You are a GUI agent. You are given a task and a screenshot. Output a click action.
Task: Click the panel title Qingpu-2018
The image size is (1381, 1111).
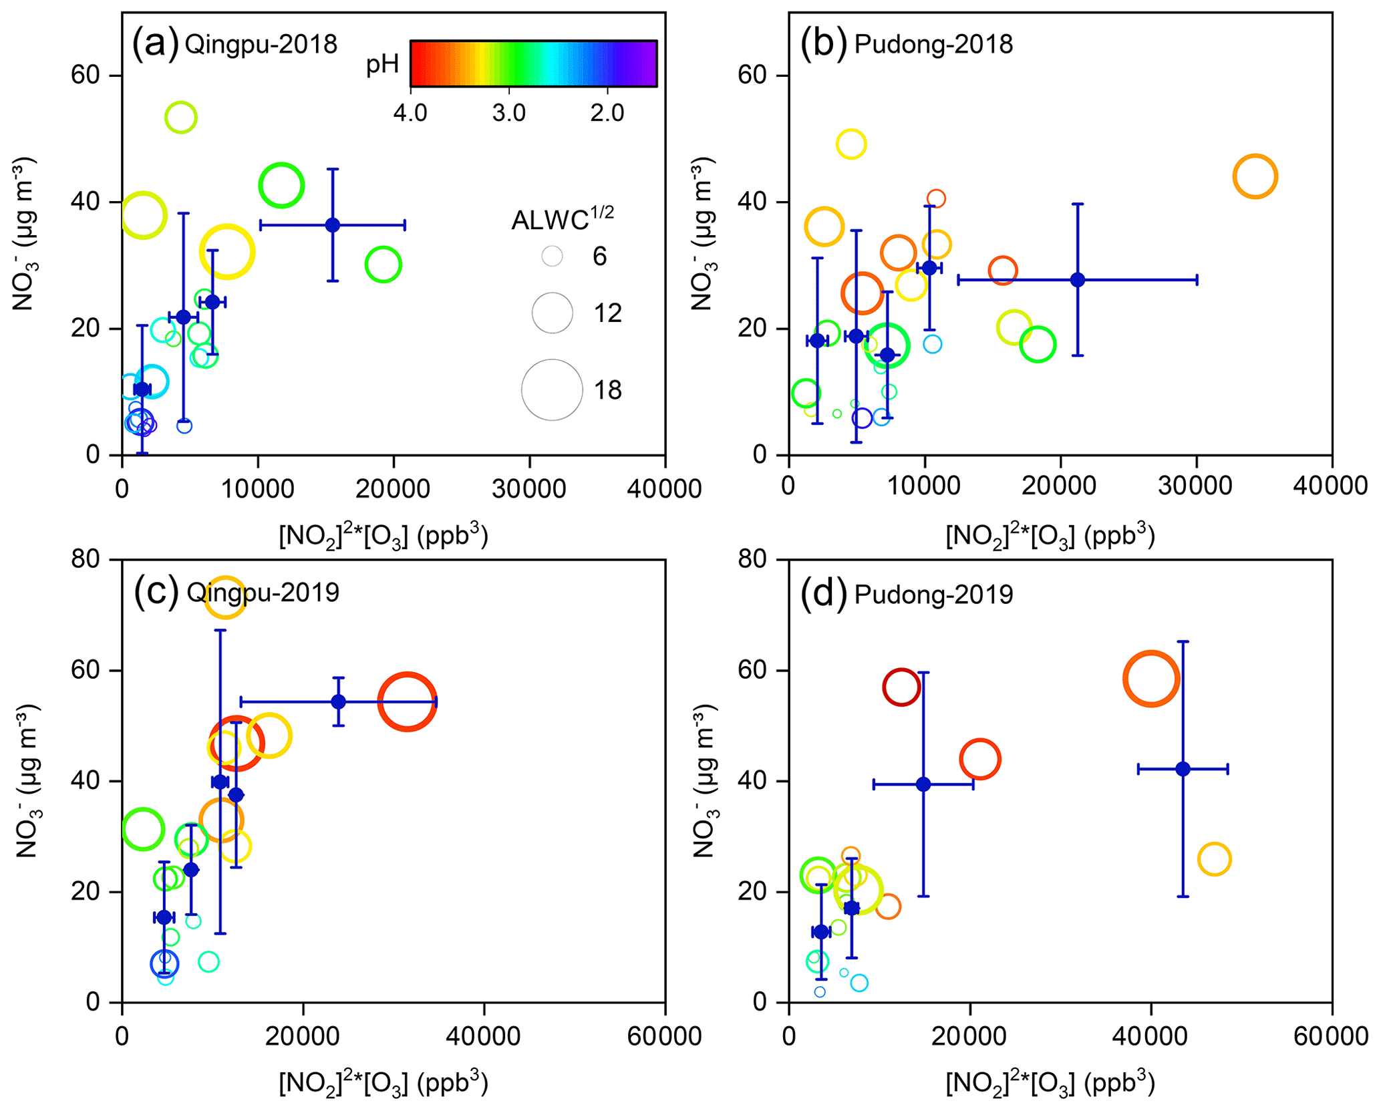pos(261,45)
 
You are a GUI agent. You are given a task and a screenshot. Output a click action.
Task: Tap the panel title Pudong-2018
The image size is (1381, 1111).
pos(933,45)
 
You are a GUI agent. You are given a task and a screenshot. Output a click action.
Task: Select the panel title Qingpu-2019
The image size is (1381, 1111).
pos(263,593)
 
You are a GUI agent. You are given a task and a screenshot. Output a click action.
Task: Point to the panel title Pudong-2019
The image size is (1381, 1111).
pos(933,594)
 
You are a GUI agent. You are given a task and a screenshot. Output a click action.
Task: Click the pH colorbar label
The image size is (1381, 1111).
pos(382,64)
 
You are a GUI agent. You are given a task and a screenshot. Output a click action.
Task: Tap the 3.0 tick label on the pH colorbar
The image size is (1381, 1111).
pos(508,113)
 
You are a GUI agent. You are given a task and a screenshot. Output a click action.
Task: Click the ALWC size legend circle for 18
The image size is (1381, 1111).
pos(552,390)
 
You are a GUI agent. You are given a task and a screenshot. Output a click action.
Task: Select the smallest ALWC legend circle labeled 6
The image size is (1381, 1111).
pos(552,256)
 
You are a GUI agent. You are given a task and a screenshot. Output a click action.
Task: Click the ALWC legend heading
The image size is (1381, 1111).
pos(562,218)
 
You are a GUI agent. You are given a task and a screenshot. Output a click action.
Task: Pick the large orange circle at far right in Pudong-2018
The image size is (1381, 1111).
pos(1255,176)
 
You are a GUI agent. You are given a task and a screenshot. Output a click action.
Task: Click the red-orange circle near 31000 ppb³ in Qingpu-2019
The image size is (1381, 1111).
pos(407,701)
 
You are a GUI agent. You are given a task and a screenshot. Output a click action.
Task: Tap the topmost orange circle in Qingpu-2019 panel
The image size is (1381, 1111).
pos(225,597)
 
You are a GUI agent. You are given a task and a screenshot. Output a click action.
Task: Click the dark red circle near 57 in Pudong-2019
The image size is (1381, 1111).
pos(901,687)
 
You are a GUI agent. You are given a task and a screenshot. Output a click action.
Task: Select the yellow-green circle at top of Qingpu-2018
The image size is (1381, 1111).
pos(180,118)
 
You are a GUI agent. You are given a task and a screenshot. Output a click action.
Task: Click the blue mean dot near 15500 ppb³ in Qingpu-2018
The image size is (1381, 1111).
pos(333,225)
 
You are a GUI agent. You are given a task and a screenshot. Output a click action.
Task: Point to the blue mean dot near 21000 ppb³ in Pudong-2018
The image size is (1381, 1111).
pos(1077,280)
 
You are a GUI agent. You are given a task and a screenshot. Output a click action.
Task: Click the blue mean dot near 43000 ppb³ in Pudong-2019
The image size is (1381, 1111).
pos(1183,769)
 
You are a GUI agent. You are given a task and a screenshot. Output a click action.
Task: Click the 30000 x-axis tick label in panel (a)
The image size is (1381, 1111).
pos(528,489)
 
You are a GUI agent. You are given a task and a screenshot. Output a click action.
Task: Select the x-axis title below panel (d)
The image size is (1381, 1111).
pos(1050,1084)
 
